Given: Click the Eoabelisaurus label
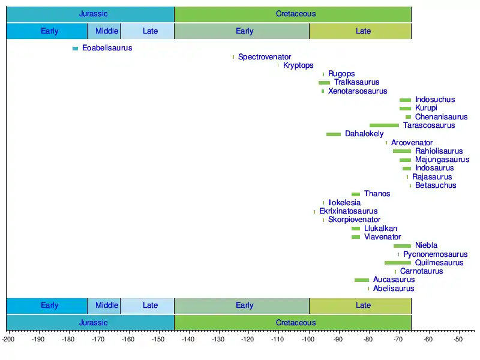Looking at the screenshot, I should point(107,48).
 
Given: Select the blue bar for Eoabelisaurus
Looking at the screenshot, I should point(75,49).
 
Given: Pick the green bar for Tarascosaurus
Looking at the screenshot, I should point(384,125).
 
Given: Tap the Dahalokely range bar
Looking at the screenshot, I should point(334,134).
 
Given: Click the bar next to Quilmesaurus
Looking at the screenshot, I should point(398,263).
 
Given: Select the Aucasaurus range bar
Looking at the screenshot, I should point(362,280).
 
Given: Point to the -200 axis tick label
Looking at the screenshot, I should point(8,340).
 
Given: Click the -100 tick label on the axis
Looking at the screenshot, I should point(308,340).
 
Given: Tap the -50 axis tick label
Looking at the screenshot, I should point(458,340).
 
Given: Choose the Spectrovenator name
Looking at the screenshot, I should point(265,57).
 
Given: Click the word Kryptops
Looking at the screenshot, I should point(298,65).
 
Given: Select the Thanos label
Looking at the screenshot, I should point(377,194).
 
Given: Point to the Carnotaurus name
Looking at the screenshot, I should point(421,271).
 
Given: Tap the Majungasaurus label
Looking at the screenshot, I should point(442,160).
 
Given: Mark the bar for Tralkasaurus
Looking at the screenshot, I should point(324,83).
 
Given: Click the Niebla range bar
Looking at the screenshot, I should point(402,246).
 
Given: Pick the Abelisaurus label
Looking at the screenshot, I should point(394,289).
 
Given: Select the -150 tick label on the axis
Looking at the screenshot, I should point(158,340).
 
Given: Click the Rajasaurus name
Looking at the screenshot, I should point(432,177).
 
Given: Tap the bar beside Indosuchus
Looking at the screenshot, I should point(406,100).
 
